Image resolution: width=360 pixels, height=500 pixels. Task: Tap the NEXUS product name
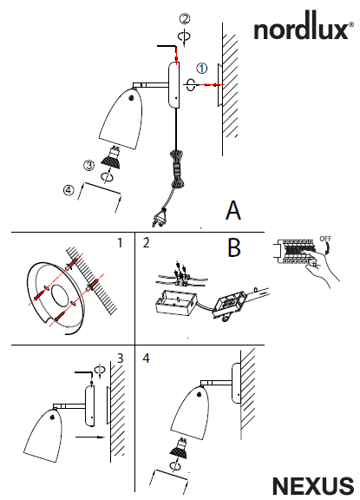[x=313, y=486]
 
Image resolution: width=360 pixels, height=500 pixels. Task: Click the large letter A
[x=233, y=210]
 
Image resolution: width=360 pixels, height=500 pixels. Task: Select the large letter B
[x=234, y=247]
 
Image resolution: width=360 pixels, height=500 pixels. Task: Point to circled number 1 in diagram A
[x=201, y=69]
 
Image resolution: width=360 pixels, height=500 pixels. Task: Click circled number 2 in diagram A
[x=185, y=18]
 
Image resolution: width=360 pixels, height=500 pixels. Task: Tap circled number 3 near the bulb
[x=88, y=165]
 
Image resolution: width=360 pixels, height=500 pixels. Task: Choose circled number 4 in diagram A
[x=69, y=190]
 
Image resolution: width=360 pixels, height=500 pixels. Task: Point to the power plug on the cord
[x=159, y=217]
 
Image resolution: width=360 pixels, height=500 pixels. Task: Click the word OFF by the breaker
[x=325, y=239]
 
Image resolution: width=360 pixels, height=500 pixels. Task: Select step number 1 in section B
[x=120, y=243]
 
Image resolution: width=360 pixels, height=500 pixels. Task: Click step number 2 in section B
[x=146, y=243]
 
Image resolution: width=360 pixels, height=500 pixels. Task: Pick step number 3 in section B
[x=120, y=359]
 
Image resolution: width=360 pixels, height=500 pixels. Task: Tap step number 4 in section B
[x=147, y=359]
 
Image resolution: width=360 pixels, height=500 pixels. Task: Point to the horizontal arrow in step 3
[x=90, y=437]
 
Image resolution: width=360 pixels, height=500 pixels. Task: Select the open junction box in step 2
[x=176, y=304]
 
